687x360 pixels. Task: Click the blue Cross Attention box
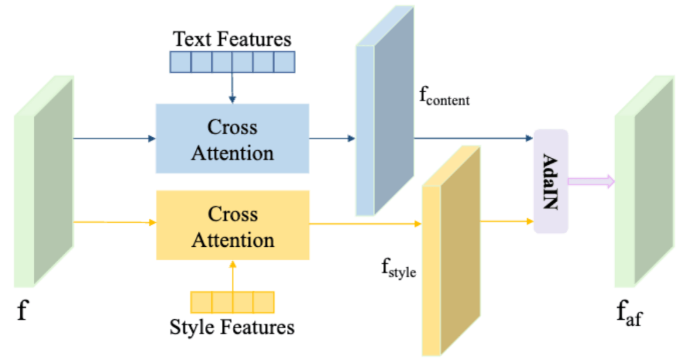(x=232, y=139)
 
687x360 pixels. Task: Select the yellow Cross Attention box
(x=233, y=225)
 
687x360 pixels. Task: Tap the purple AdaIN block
(x=551, y=181)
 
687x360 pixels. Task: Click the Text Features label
(x=232, y=39)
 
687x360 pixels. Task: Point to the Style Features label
(x=232, y=327)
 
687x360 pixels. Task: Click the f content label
(x=444, y=96)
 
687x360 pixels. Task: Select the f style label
(x=398, y=268)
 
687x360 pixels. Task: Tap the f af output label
(x=630, y=313)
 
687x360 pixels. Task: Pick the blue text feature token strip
(x=232, y=62)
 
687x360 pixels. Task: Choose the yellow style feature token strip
(x=232, y=302)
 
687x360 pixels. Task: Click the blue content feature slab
(x=385, y=111)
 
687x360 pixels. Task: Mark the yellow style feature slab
(x=451, y=251)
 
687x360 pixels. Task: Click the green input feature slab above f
(x=43, y=181)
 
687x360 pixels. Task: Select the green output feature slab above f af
(x=644, y=181)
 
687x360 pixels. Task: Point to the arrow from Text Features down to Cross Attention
(x=232, y=88)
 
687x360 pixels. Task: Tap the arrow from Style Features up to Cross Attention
(x=233, y=276)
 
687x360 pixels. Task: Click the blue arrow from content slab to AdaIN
(x=474, y=139)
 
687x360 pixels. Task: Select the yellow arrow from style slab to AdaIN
(x=507, y=221)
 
